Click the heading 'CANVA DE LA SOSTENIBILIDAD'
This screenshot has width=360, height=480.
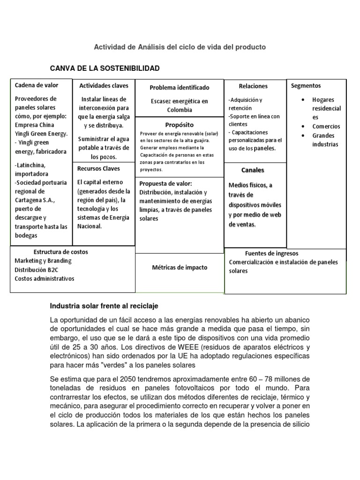pyautogui.click(x=105, y=68)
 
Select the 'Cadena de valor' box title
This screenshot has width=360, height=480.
pyautogui.click(x=37, y=85)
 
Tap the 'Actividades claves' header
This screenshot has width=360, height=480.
pyautogui.click(x=103, y=86)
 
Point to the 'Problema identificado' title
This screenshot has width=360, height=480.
pyautogui.click(x=180, y=88)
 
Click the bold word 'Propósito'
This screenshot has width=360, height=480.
pyautogui.click(x=179, y=125)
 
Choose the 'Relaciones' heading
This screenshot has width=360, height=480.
pyautogui.click(x=253, y=86)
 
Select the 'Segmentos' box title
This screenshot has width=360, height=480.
pyautogui.click(x=306, y=86)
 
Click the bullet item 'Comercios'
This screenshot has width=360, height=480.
pyautogui.click(x=326, y=127)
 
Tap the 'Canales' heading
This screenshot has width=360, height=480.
pyautogui.click(x=253, y=170)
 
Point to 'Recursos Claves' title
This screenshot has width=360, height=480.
pyautogui.click(x=99, y=168)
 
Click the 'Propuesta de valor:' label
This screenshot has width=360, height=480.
pyautogui.click(x=165, y=183)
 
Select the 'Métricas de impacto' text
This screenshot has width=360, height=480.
pyautogui.click(x=180, y=268)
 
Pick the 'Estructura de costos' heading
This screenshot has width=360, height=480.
pyautogui.click(x=60, y=252)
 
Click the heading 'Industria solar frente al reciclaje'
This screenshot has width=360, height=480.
pyautogui.click(x=104, y=306)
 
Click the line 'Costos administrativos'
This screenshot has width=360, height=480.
pyautogui.click(x=45, y=278)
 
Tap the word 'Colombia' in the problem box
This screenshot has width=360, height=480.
pyautogui.click(x=180, y=110)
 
